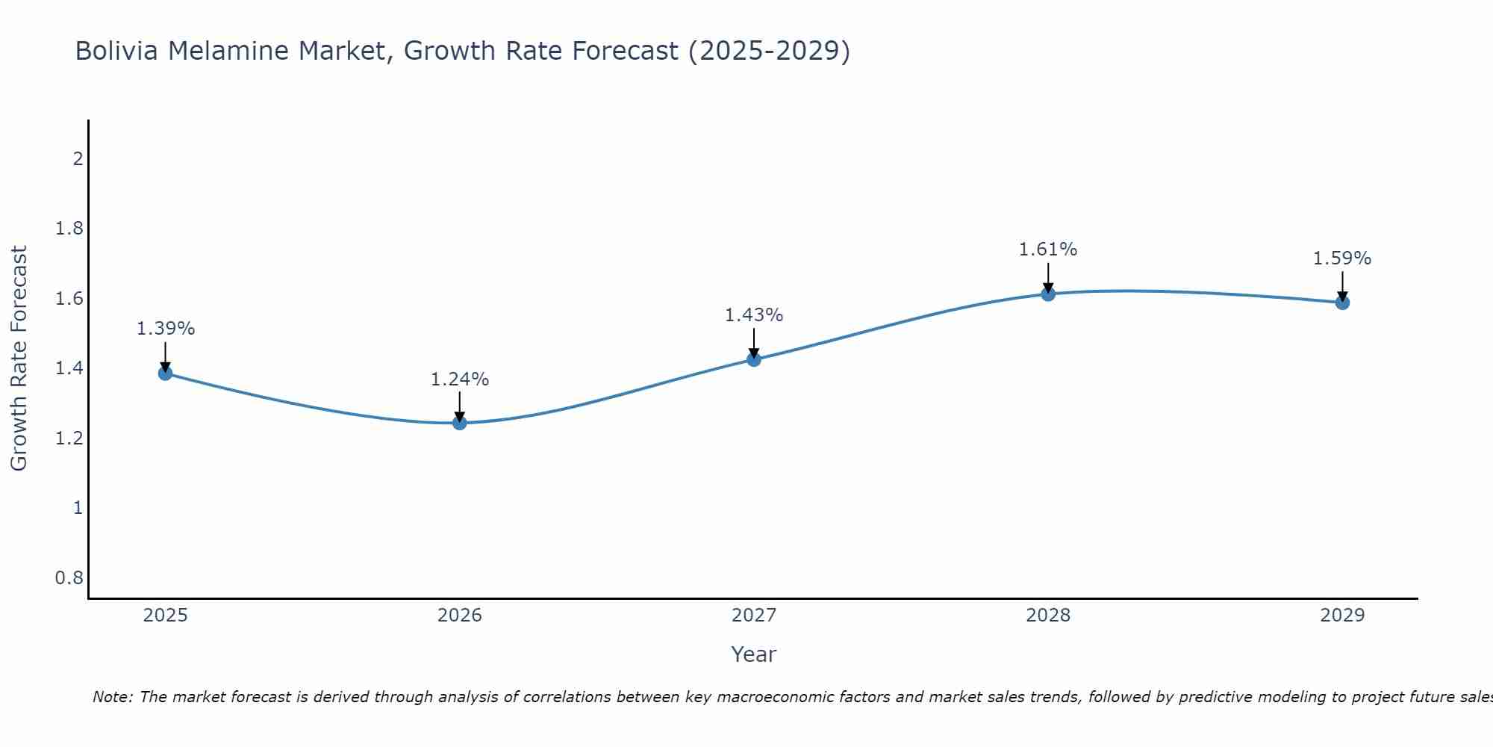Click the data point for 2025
click(165, 373)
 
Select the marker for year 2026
click(459, 423)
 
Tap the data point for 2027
click(753, 359)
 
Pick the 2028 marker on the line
click(1047, 294)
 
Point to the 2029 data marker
click(1341, 303)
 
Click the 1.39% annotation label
click(165, 329)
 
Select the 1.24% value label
click(459, 379)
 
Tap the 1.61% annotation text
click(1047, 249)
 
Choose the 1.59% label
click(1341, 258)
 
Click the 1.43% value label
click(753, 315)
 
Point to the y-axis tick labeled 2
click(77, 158)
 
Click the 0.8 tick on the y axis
click(69, 577)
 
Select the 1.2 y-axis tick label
click(69, 438)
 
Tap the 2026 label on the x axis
click(459, 616)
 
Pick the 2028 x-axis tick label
click(1047, 616)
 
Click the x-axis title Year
click(753, 654)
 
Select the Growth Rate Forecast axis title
click(19, 359)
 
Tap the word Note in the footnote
click(111, 697)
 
